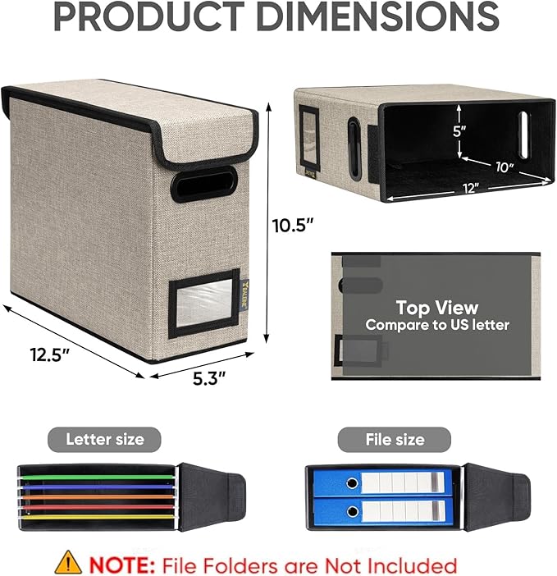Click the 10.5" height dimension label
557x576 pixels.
point(293,225)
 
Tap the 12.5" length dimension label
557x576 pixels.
point(50,354)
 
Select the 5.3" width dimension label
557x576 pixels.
point(209,378)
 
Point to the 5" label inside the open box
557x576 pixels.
point(459,131)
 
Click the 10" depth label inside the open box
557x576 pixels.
point(504,167)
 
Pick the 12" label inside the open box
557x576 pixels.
point(471,188)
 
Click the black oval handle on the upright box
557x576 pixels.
point(203,184)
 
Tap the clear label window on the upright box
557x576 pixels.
point(204,303)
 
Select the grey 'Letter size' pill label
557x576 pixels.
point(104,439)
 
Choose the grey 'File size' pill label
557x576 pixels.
point(395,439)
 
